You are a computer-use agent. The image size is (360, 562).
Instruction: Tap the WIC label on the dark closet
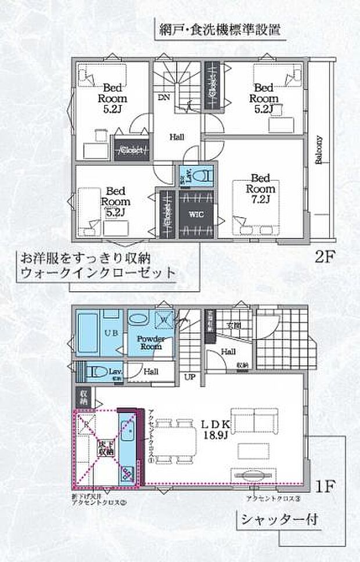click(194, 213)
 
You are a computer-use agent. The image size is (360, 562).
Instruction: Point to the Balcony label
click(319, 151)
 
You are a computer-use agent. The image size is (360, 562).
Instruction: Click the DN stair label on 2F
click(164, 98)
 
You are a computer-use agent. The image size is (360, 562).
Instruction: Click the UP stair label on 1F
click(189, 377)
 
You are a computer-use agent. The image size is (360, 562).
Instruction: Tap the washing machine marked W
click(164, 319)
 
